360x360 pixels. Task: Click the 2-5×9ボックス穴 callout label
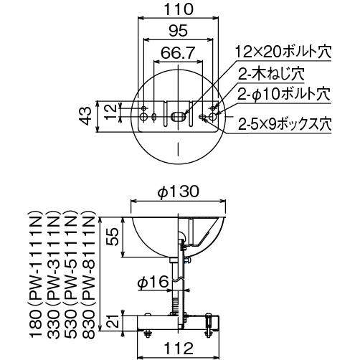click(x=285, y=124)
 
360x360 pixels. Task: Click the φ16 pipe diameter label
click(x=153, y=282)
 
